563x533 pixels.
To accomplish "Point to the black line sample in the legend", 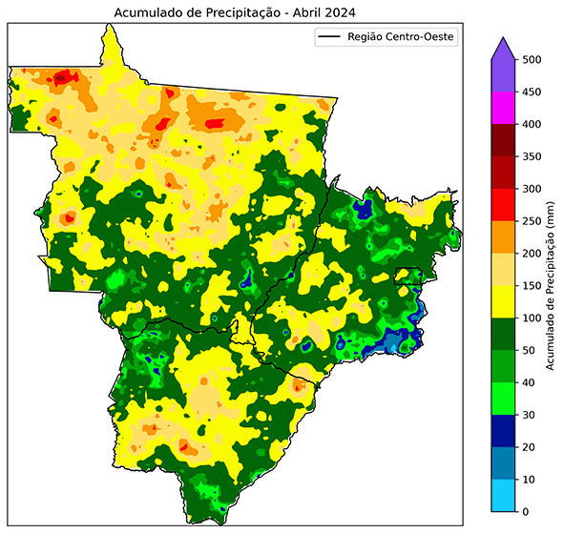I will tap(330, 38).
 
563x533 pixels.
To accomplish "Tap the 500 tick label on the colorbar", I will tap(532, 59).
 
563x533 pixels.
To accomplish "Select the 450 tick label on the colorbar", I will tap(532, 92).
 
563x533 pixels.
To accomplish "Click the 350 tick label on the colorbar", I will tap(532, 156).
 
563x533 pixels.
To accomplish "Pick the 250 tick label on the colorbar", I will tap(532, 221).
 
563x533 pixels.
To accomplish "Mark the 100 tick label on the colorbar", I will tap(532, 318).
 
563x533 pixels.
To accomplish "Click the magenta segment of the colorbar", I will tap(503, 108).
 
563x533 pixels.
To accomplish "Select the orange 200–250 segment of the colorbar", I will tap(503, 237).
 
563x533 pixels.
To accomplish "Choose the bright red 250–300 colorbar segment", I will tap(503, 205).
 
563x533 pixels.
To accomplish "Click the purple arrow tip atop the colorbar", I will tap(503, 48).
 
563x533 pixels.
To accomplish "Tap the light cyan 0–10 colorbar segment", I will tap(503, 496).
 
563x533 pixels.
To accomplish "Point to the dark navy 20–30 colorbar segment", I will tap(503, 431).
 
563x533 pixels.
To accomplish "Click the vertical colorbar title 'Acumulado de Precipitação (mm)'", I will tap(553, 286).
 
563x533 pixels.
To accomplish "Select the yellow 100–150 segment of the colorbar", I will tap(503, 302).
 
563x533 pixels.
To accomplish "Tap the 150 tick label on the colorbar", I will tap(532, 286).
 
